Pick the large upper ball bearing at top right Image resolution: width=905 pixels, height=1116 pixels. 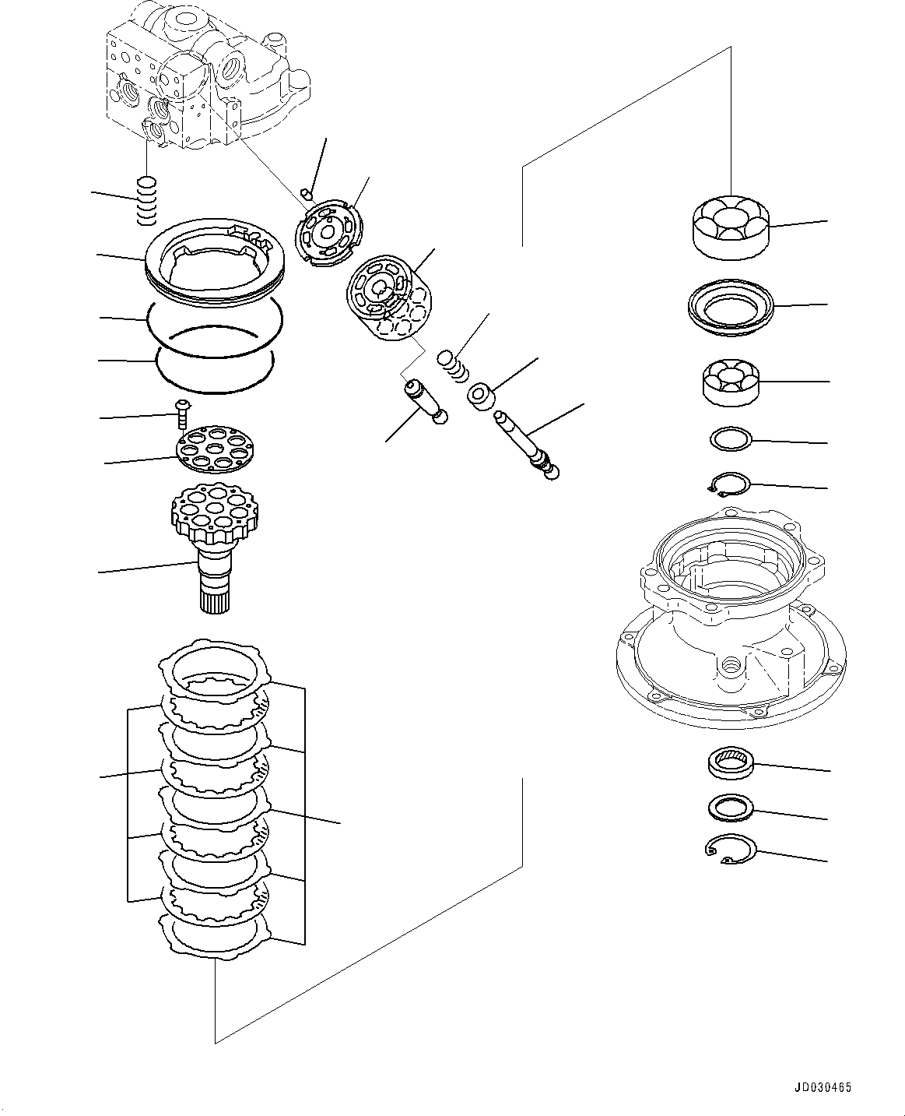click(x=730, y=226)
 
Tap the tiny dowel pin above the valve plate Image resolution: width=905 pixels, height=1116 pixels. click(x=307, y=193)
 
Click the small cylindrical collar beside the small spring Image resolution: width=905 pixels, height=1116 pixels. click(x=482, y=395)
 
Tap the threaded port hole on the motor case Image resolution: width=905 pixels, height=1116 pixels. click(x=730, y=665)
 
